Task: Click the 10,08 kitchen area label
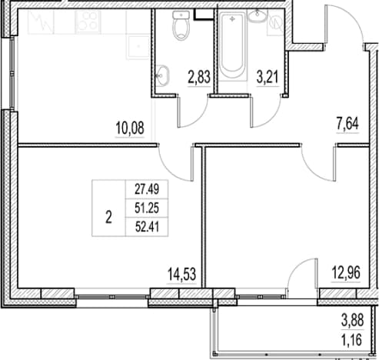[130, 128]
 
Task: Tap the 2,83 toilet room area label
[199, 78]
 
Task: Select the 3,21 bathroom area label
[268, 77]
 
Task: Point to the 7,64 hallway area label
[347, 124]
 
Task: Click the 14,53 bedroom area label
[181, 274]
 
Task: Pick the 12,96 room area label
[346, 272]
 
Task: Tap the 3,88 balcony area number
[352, 321]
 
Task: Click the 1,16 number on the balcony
[352, 341]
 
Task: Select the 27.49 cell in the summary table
[147, 189]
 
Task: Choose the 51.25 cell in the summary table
[147, 208]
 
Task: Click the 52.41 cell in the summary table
[147, 227]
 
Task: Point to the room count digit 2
[108, 218]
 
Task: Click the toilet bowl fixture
[181, 25]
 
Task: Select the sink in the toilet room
[162, 75]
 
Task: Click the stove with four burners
[88, 22]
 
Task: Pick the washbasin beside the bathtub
[258, 15]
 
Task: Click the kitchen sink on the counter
[138, 46]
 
